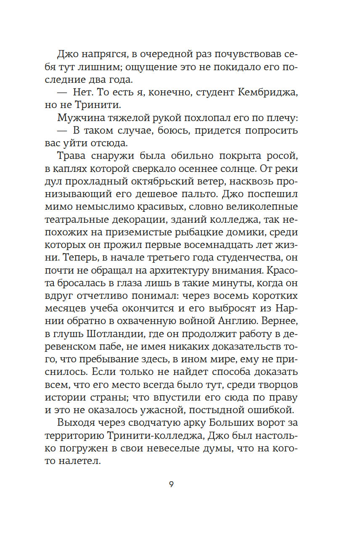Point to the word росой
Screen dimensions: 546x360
click(x=281, y=156)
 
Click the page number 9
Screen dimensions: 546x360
click(x=171, y=484)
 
